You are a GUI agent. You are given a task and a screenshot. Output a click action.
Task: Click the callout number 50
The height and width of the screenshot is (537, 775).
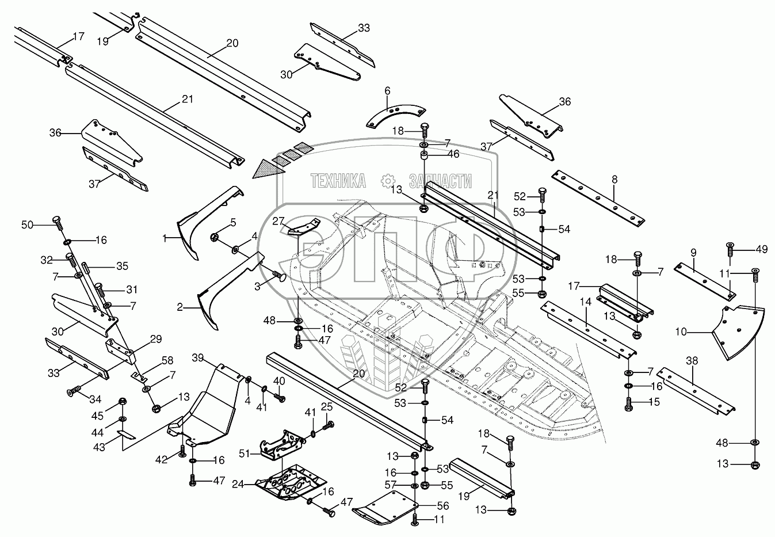(28, 224)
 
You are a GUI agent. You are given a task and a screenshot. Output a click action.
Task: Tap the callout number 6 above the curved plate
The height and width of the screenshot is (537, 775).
(387, 90)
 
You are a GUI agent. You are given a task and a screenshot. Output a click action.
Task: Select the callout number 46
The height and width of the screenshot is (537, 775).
(454, 154)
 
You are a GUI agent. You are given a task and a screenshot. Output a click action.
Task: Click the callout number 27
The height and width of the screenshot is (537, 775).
(278, 221)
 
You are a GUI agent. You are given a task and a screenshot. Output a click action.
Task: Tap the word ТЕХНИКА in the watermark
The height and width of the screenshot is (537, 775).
(338, 181)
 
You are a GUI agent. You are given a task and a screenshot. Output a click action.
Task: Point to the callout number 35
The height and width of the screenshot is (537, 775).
(122, 266)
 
